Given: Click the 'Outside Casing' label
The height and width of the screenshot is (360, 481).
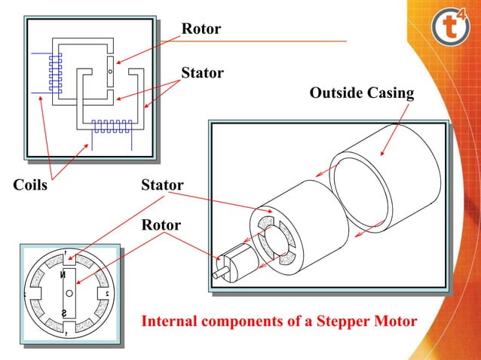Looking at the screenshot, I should (x=362, y=93).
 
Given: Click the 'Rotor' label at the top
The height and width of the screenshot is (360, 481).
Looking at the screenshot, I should (x=201, y=29).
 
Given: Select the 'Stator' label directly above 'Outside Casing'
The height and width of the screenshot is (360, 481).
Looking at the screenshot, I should (x=202, y=73).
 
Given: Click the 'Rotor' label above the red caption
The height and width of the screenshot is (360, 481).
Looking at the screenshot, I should (x=161, y=225).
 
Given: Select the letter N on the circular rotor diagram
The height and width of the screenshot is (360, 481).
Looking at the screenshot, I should (x=69, y=275).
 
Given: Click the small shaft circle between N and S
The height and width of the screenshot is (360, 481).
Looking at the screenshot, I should (x=69, y=292).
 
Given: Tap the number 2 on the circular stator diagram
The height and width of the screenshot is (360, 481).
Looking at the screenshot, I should (x=108, y=293).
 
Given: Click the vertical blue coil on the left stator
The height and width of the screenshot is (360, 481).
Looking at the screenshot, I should (x=55, y=74).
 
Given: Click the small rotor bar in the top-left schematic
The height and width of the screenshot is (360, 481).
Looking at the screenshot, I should (x=110, y=72).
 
